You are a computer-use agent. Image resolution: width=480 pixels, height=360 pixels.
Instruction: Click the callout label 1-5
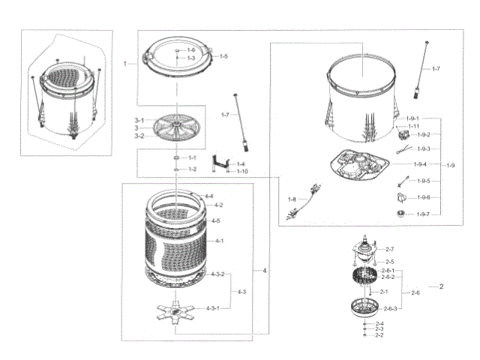[x=223, y=57]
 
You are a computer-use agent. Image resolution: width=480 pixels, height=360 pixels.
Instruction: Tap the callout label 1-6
[x=191, y=49]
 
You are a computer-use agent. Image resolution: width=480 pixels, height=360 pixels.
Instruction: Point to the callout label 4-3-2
[x=218, y=274]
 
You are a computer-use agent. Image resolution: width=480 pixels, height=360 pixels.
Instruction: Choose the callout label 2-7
[x=389, y=248]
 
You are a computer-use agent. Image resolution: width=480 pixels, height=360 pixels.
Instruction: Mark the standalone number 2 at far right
[x=442, y=287]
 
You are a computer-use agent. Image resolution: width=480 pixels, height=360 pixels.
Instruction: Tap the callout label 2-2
[x=379, y=335]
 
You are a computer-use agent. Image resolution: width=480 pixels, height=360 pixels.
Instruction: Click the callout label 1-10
[x=242, y=172]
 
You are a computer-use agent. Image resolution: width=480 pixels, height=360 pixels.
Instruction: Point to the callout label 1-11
[x=413, y=127]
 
